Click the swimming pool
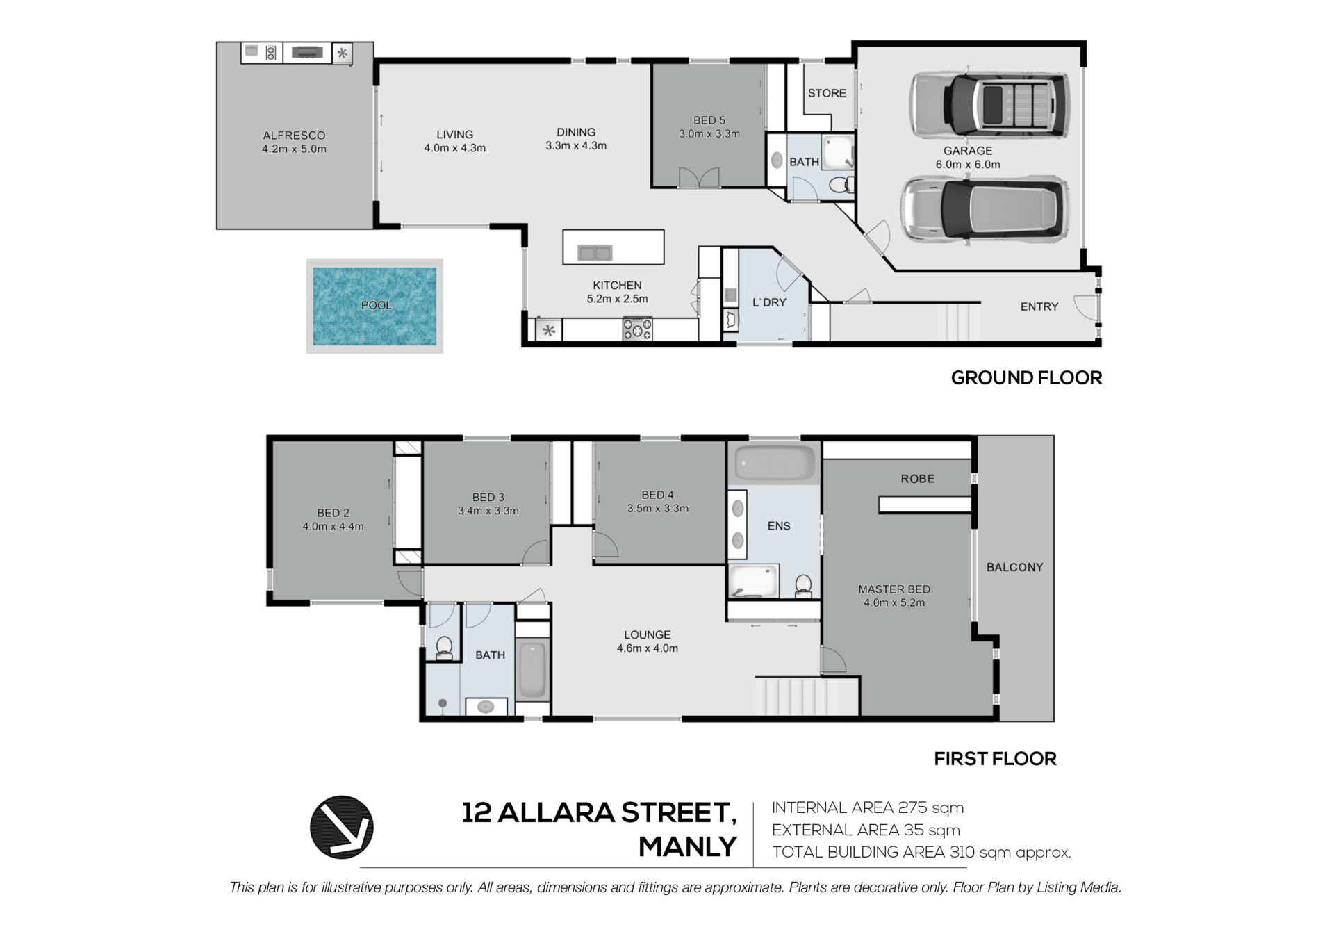374,306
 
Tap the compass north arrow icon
341,827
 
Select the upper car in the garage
989,104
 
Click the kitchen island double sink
595,253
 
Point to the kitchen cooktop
637,329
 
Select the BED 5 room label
709,120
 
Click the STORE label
827,93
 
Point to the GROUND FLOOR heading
1026,378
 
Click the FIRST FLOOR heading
995,759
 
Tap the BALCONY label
1014,567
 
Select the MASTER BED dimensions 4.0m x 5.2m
894,603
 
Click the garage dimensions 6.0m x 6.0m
968,165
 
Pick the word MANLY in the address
687,847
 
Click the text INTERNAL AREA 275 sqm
868,807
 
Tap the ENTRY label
1039,306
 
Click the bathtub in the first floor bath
532,670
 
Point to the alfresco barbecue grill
307,52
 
